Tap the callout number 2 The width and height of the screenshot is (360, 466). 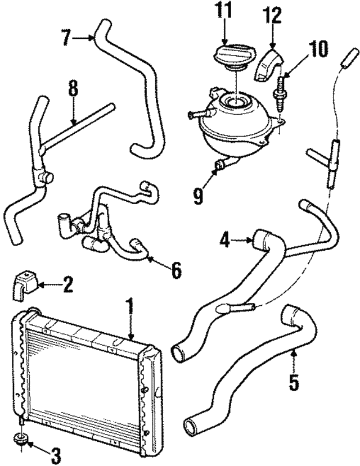coord(67,285)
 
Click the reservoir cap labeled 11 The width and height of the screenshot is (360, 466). coord(230,58)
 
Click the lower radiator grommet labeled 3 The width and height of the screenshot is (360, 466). coord(22,439)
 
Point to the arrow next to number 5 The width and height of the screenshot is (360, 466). coord(293,360)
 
